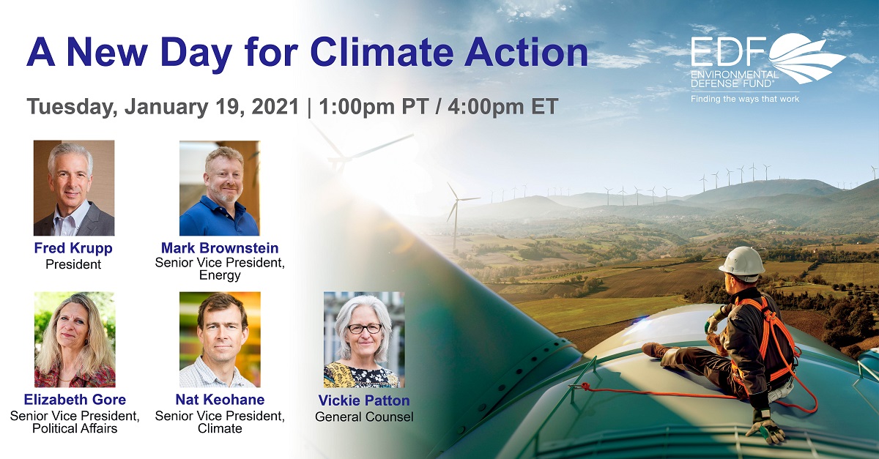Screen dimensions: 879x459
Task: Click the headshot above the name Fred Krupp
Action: (x=74, y=188)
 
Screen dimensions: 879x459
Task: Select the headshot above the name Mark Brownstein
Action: (x=220, y=188)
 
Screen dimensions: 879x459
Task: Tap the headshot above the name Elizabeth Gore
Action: (x=75, y=340)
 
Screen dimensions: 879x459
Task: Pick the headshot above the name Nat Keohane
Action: (x=220, y=340)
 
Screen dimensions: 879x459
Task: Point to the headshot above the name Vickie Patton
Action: (x=364, y=340)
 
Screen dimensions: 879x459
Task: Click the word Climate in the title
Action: (x=382, y=53)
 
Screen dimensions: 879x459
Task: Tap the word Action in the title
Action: (x=526, y=53)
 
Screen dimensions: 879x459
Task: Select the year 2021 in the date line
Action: (x=275, y=106)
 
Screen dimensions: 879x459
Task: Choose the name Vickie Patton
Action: (x=364, y=400)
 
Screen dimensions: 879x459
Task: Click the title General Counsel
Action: (x=364, y=417)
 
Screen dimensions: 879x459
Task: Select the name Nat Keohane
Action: (x=220, y=400)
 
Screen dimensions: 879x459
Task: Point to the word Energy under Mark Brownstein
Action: (x=220, y=275)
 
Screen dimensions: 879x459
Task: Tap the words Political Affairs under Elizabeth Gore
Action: (x=75, y=428)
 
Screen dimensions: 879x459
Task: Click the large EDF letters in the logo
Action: (x=729, y=51)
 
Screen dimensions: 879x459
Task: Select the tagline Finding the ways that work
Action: (x=745, y=99)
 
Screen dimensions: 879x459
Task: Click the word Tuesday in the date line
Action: (x=72, y=107)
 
